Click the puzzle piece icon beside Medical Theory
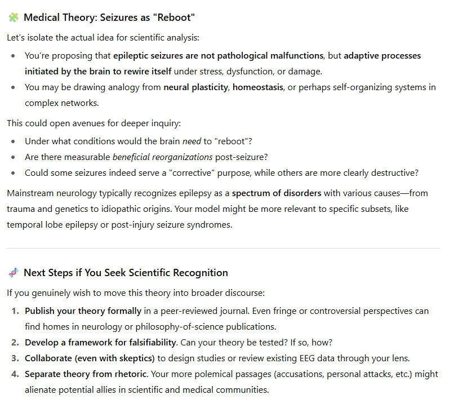pos(13,17)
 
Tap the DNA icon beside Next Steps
pos(13,273)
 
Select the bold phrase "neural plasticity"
pos(195,87)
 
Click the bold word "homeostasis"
pos(259,87)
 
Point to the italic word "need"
pos(192,141)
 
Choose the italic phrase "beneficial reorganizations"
pos(162,157)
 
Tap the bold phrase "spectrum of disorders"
pos(277,193)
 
